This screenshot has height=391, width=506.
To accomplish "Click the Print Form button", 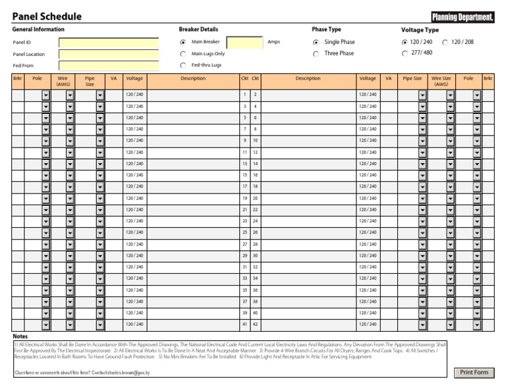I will pos(474,373).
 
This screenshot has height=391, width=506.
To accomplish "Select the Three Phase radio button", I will pos(316,54).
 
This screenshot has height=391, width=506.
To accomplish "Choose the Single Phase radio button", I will pos(316,42).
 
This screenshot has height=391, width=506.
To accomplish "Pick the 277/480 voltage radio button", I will pos(405,53).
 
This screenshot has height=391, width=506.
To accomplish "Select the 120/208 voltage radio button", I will pos(445,42).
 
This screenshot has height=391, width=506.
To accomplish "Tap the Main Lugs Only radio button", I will pos(183,54).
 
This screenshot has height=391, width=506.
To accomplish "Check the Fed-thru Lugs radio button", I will pos(183,65).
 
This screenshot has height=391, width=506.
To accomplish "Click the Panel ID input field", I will pos(109,43).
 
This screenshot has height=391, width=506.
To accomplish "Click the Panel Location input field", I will pos(109,54).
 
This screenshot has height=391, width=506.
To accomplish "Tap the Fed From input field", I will pos(109,65).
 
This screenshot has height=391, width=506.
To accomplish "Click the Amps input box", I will pos(244,42).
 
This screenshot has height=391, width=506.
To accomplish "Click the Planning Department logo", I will pos(463,17).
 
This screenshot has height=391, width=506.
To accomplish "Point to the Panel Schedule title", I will pos(47,16).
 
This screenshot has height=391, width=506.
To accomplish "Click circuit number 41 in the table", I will pos(244,325).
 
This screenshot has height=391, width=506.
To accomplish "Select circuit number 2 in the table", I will pos(255,95).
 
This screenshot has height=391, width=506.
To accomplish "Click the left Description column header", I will pos(193,79).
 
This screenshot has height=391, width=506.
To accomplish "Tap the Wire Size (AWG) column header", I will pos(441,81).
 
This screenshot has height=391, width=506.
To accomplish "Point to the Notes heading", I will pos(20,336).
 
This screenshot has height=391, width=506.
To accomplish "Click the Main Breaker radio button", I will pos(183,42).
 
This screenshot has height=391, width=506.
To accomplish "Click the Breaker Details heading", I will pos(198,30).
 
